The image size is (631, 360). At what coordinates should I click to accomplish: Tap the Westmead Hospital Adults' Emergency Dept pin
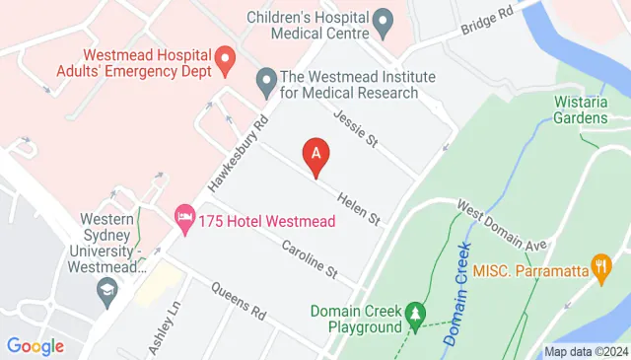(x=224, y=59)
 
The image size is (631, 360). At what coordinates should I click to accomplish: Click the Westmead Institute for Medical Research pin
(x=265, y=81)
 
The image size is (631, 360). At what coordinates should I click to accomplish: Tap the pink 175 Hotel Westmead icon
(x=184, y=218)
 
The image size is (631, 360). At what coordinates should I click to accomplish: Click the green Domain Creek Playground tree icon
(x=417, y=314)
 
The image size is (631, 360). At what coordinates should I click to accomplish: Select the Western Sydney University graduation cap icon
(x=107, y=291)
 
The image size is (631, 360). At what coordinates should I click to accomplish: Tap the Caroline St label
(x=310, y=258)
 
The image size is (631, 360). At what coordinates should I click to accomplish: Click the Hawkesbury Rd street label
(x=234, y=156)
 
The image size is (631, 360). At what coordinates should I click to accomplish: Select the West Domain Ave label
(x=501, y=225)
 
